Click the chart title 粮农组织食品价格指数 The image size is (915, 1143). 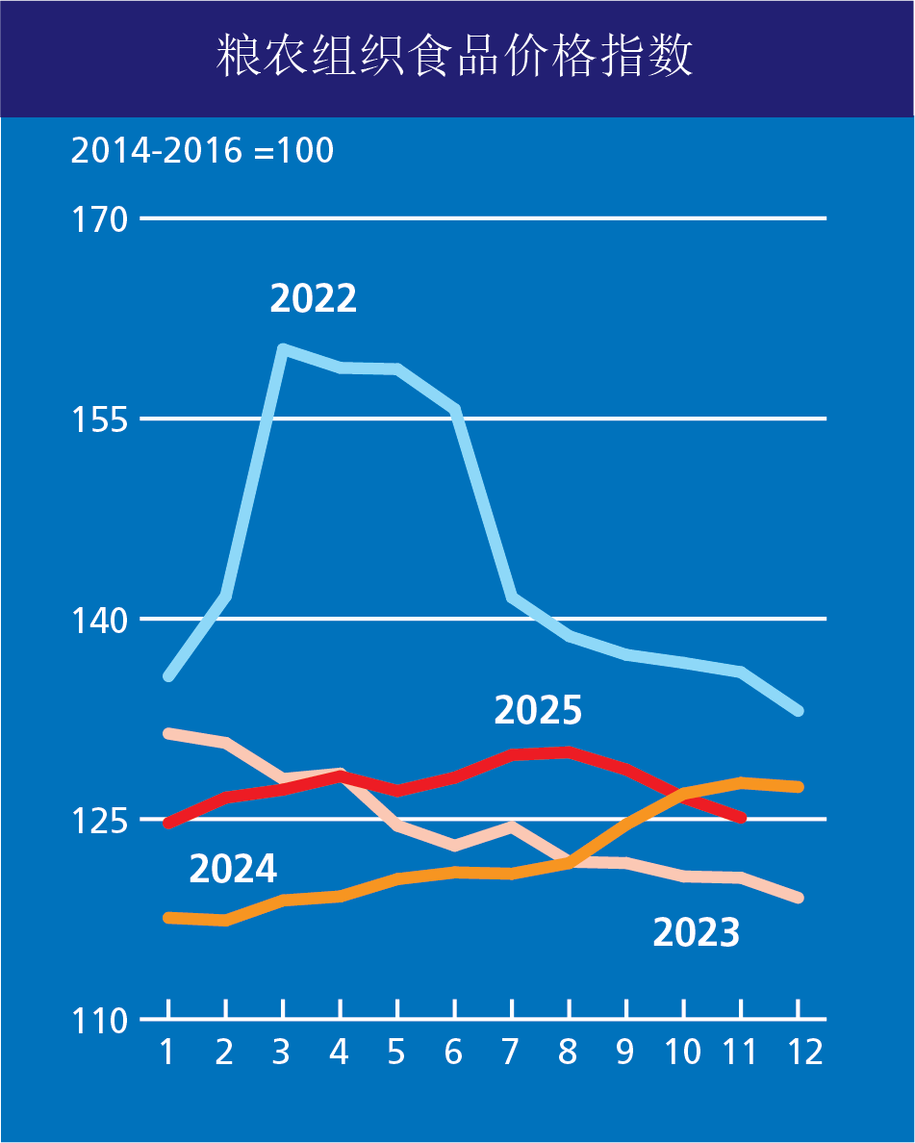click(x=457, y=58)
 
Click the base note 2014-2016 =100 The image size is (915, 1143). click(x=202, y=151)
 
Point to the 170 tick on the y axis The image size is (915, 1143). click(x=100, y=219)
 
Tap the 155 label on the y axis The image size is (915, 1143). click(x=100, y=419)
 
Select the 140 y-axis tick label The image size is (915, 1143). click(x=100, y=620)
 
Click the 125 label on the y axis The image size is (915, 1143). click(x=100, y=820)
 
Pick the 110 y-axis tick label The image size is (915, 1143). click(x=100, y=1020)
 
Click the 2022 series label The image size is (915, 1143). click(x=313, y=298)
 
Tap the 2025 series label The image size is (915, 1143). click(x=538, y=711)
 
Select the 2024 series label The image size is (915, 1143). click(x=233, y=869)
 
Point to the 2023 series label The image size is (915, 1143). click(x=696, y=932)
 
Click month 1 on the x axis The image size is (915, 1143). click(x=167, y=1052)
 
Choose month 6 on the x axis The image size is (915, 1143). click(x=453, y=1052)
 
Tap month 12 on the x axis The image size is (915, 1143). click(x=798, y=1052)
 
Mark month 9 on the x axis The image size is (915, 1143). click(x=625, y=1052)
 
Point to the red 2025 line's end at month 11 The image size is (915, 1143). click(x=741, y=818)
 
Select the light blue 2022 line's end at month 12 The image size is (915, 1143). click(x=798, y=711)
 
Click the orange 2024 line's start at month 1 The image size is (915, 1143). click(x=168, y=918)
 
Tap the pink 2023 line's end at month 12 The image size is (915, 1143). click(x=798, y=898)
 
